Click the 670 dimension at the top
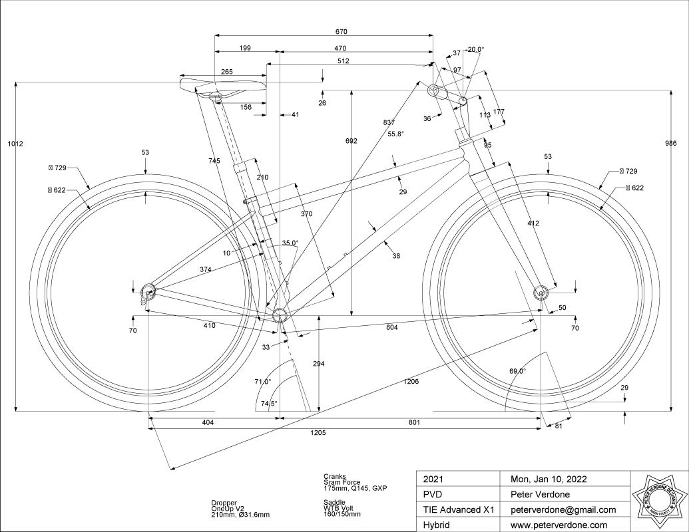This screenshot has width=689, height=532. [342, 32]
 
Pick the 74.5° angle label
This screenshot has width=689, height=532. [269, 403]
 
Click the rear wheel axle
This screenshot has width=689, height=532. [148, 289]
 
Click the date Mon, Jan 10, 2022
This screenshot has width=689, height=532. [549, 479]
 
